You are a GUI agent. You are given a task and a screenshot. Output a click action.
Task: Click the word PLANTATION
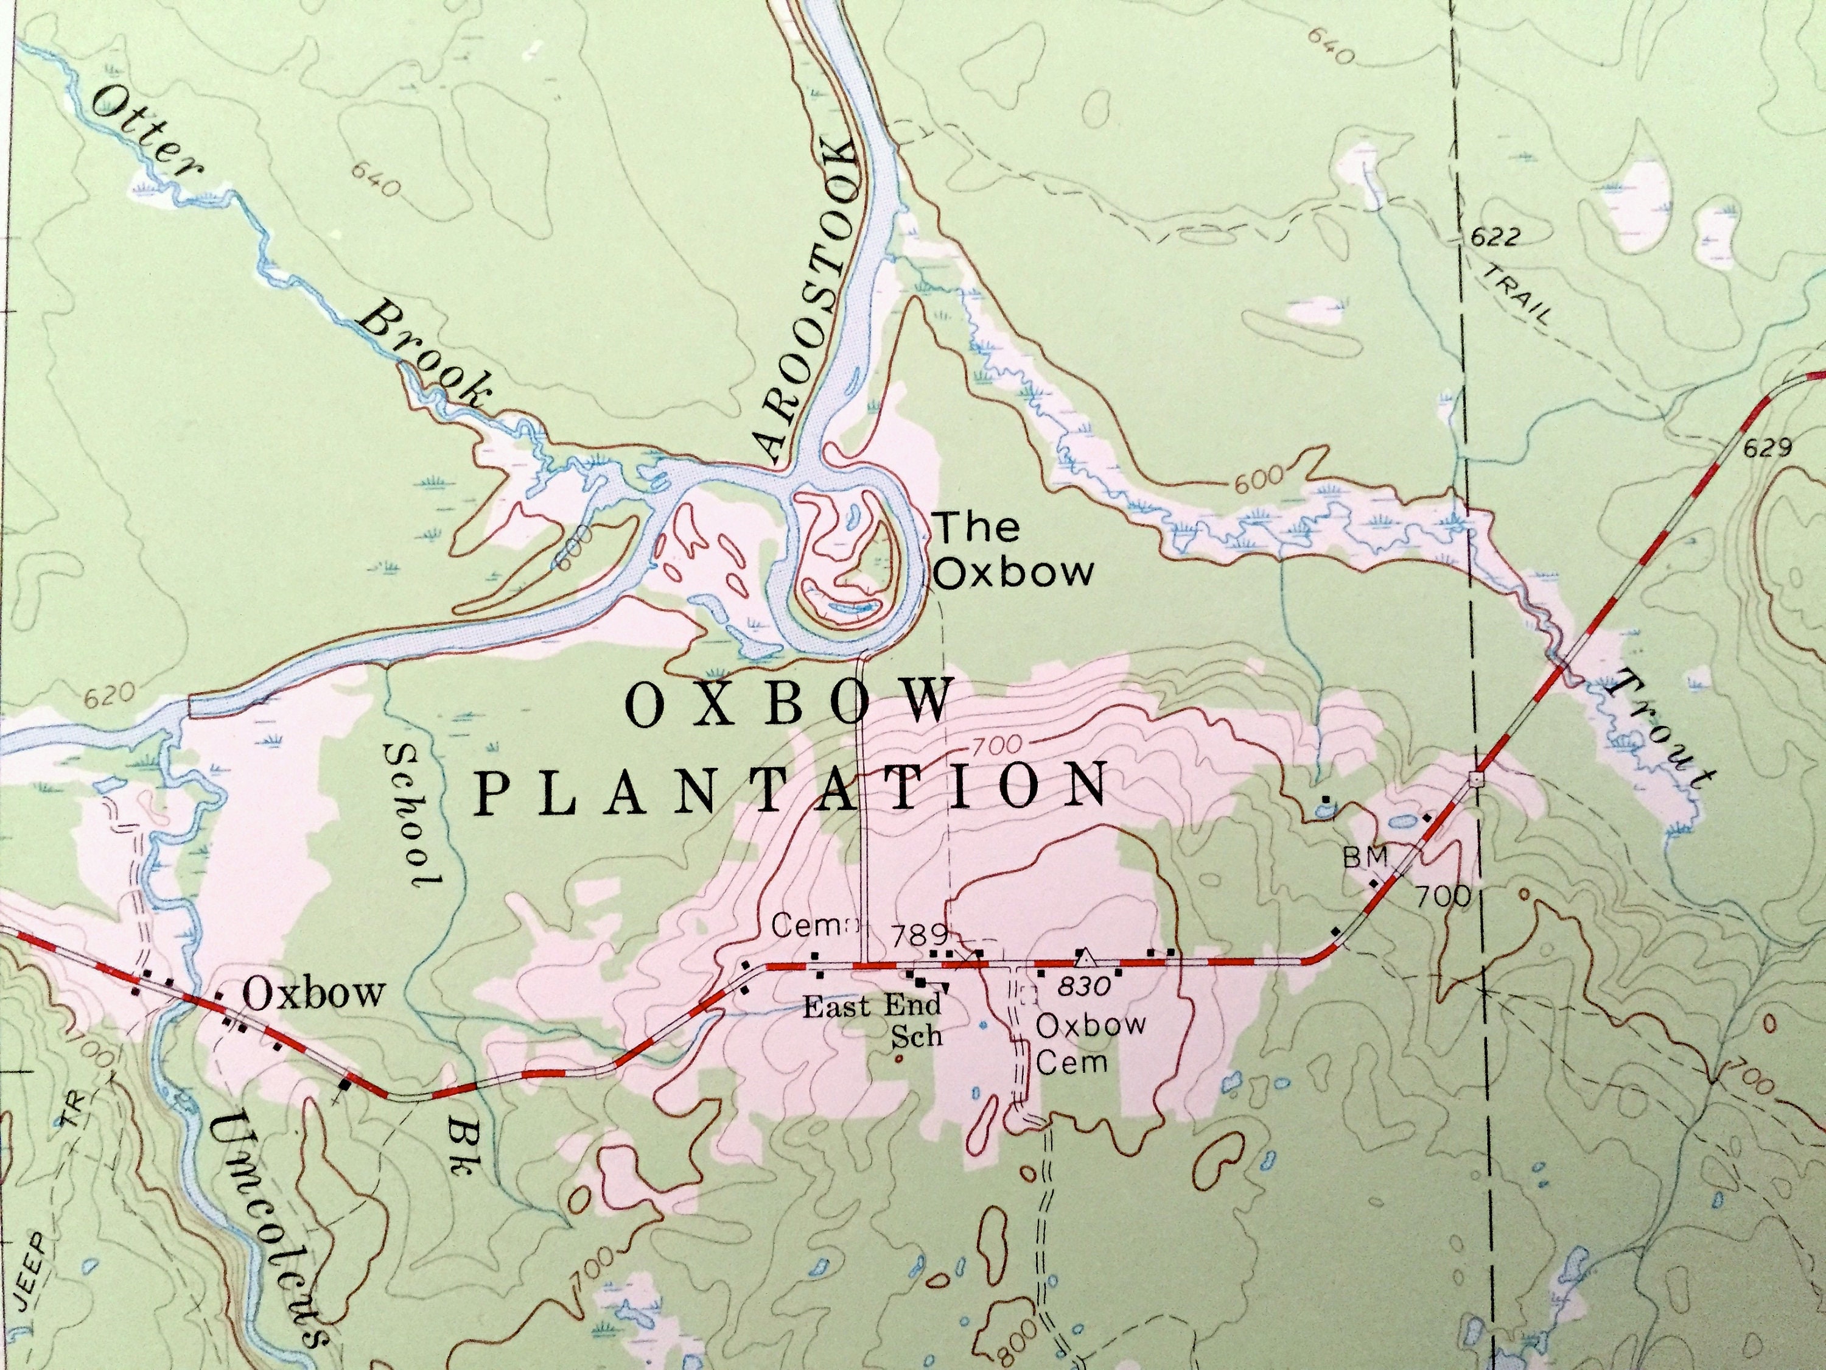tap(792, 787)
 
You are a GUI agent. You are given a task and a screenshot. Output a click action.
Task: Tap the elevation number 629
tap(1768, 448)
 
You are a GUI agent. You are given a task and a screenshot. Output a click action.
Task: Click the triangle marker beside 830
tap(1085, 958)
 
